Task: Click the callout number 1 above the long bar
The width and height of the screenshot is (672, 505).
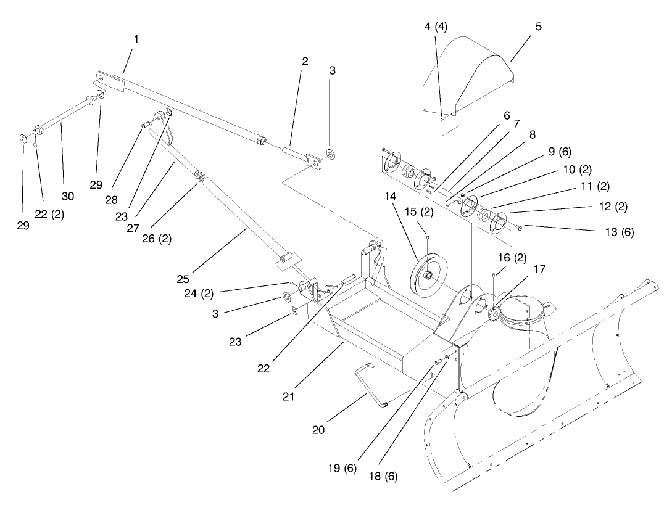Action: [x=136, y=39]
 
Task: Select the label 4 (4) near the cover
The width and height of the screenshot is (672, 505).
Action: [x=436, y=27]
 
